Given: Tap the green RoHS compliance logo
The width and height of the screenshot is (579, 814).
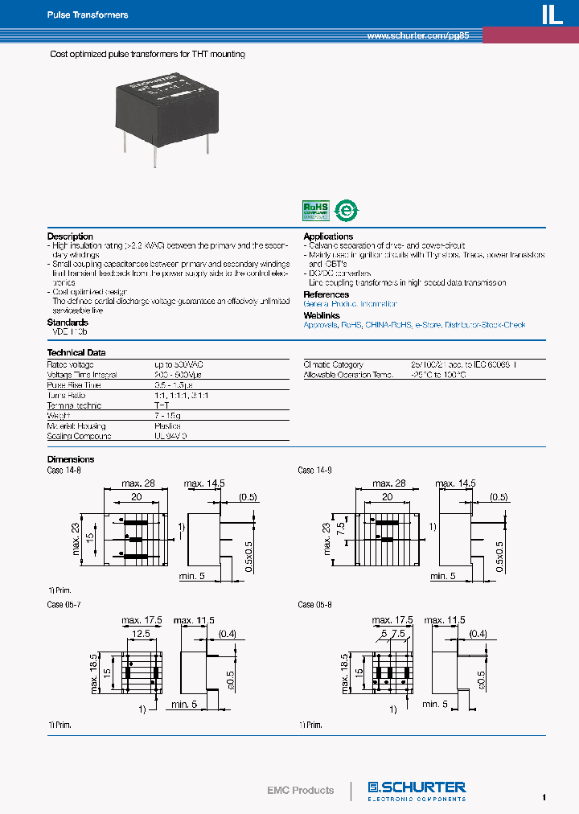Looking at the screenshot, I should (314, 210).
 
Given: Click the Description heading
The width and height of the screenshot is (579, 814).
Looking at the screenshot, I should (70, 236).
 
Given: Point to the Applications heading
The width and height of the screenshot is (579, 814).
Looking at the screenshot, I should (328, 236).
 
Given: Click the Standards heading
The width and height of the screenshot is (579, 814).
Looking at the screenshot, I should (68, 323).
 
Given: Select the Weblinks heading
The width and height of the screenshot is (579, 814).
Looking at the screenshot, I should (322, 314).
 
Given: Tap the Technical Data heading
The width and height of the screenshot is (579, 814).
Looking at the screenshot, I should (76, 352).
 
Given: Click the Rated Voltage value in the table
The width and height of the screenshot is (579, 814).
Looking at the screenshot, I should (177, 365).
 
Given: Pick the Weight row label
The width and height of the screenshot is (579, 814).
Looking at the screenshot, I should (59, 416).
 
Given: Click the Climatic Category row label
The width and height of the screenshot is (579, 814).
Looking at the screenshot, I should (333, 365).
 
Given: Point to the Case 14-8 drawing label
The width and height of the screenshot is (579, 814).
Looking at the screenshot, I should (64, 471).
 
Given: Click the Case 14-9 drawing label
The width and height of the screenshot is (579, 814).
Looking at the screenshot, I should (315, 471).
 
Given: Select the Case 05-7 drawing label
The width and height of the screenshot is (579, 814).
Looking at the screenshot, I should (64, 605).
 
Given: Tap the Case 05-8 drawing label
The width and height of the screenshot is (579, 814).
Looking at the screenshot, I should (315, 605).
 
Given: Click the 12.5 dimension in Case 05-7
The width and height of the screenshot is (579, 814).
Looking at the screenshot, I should (142, 634).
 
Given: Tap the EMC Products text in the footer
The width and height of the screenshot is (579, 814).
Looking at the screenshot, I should (300, 790).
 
